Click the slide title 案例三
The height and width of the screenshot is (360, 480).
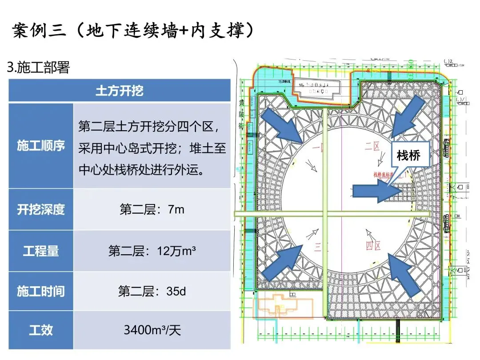point(133,32)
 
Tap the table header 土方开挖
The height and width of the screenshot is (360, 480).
point(120,91)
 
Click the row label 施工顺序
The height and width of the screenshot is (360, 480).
point(41,146)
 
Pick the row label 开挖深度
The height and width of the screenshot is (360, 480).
point(41,209)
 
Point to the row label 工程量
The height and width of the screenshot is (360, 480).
point(41,251)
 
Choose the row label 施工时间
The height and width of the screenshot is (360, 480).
point(41,292)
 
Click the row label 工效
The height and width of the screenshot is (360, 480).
point(41,330)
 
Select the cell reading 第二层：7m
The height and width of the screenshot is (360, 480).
point(152,209)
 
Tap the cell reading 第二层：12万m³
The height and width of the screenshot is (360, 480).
point(152,251)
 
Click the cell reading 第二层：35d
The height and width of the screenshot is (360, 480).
point(152,292)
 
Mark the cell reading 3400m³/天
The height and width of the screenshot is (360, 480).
point(152,330)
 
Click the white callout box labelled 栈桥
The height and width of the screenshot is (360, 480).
point(408,156)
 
